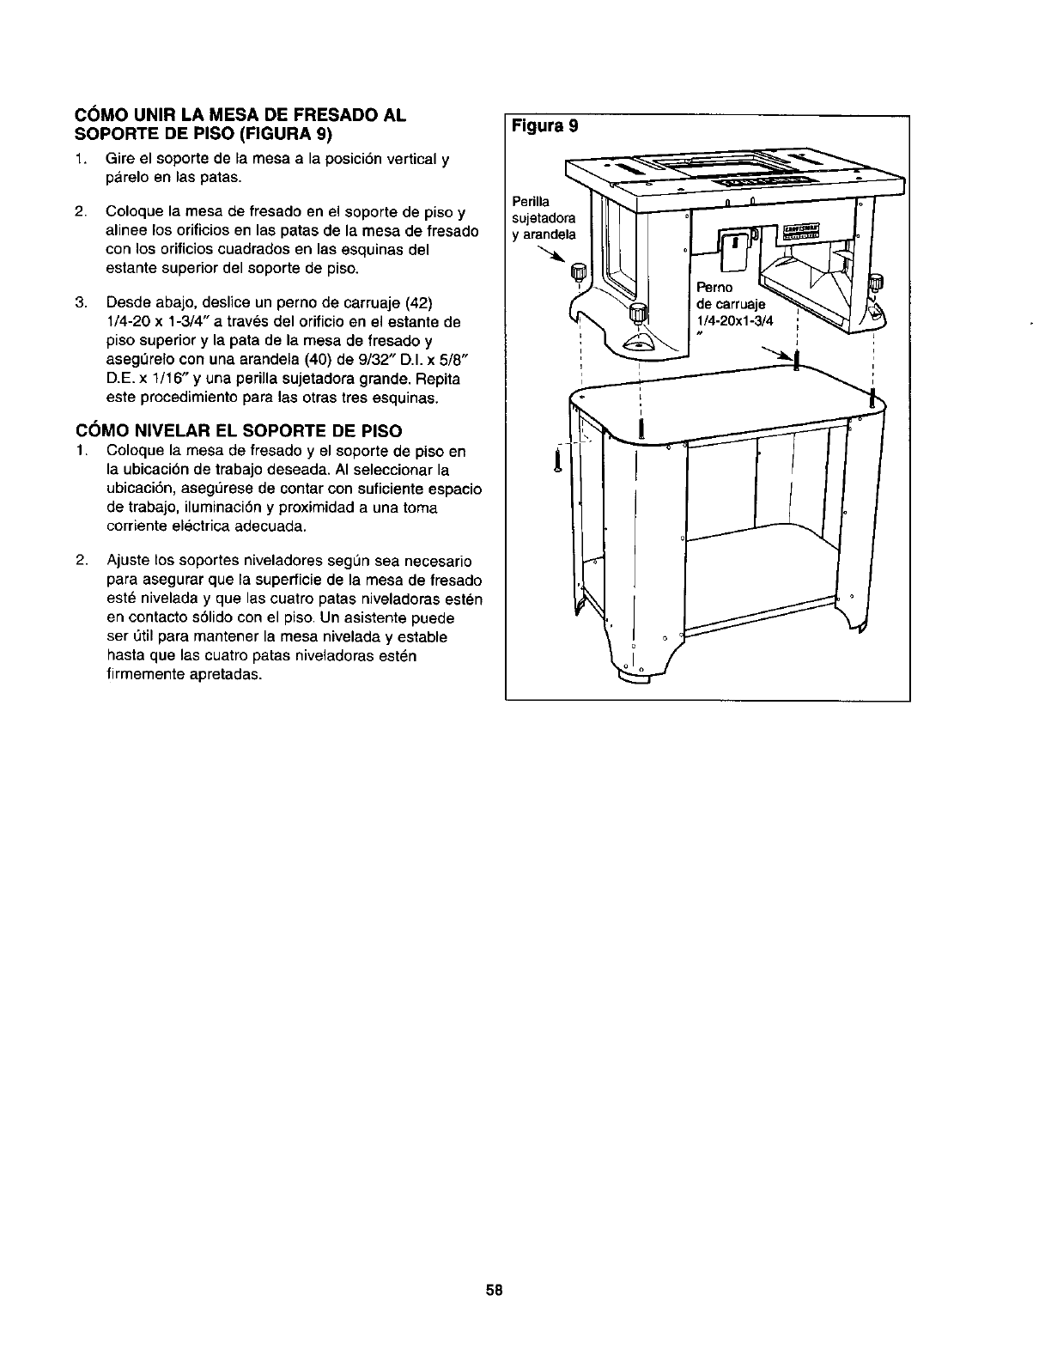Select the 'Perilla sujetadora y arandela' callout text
click(544, 217)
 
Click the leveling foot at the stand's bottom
click(642, 678)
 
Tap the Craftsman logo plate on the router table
click(799, 232)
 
